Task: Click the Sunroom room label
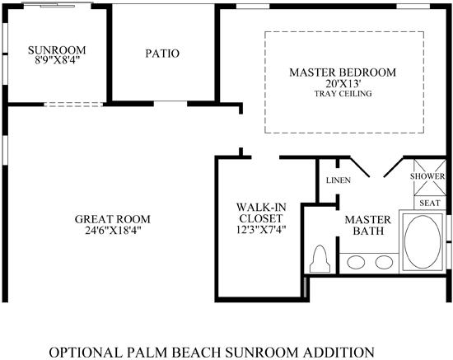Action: click(x=57, y=50)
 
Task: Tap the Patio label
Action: click(x=162, y=54)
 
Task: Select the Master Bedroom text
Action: click(x=343, y=72)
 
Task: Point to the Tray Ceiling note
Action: click(x=343, y=94)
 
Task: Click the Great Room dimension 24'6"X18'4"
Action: click(x=113, y=231)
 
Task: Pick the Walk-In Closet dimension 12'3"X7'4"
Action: click(x=261, y=230)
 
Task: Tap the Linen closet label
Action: click(x=339, y=180)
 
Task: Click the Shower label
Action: click(x=427, y=176)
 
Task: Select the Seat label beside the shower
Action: click(x=430, y=203)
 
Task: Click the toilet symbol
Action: click(x=320, y=259)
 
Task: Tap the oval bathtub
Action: click(x=423, y=242)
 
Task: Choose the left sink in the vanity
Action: click(x=356, y=262)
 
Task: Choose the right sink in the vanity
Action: click(x=384, y=262)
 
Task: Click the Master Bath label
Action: click(x=368, y=226)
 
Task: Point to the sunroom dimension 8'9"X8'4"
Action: click(x=57, y=60)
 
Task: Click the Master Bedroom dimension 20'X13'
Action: click(x=343, y=83)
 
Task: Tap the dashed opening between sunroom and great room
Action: click(x=73, y=104)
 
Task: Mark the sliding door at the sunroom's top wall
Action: click(x=58, y=4)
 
